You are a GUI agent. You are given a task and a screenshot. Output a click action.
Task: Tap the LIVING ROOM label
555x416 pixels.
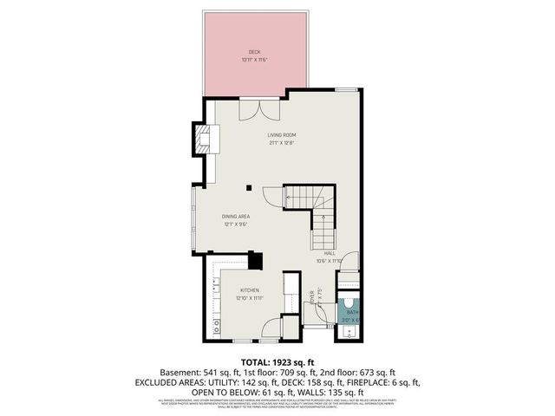[282, 135]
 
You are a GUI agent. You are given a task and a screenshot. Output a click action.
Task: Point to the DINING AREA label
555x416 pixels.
[236, 217]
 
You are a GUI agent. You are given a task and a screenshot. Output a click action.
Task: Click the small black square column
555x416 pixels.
[248, 186]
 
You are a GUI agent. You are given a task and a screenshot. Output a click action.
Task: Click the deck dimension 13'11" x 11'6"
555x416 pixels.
[254, 60]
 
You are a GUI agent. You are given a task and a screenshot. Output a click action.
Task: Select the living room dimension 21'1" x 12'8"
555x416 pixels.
[282, 143]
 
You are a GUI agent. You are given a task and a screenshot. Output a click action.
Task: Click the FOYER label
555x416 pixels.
[312, 296]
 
